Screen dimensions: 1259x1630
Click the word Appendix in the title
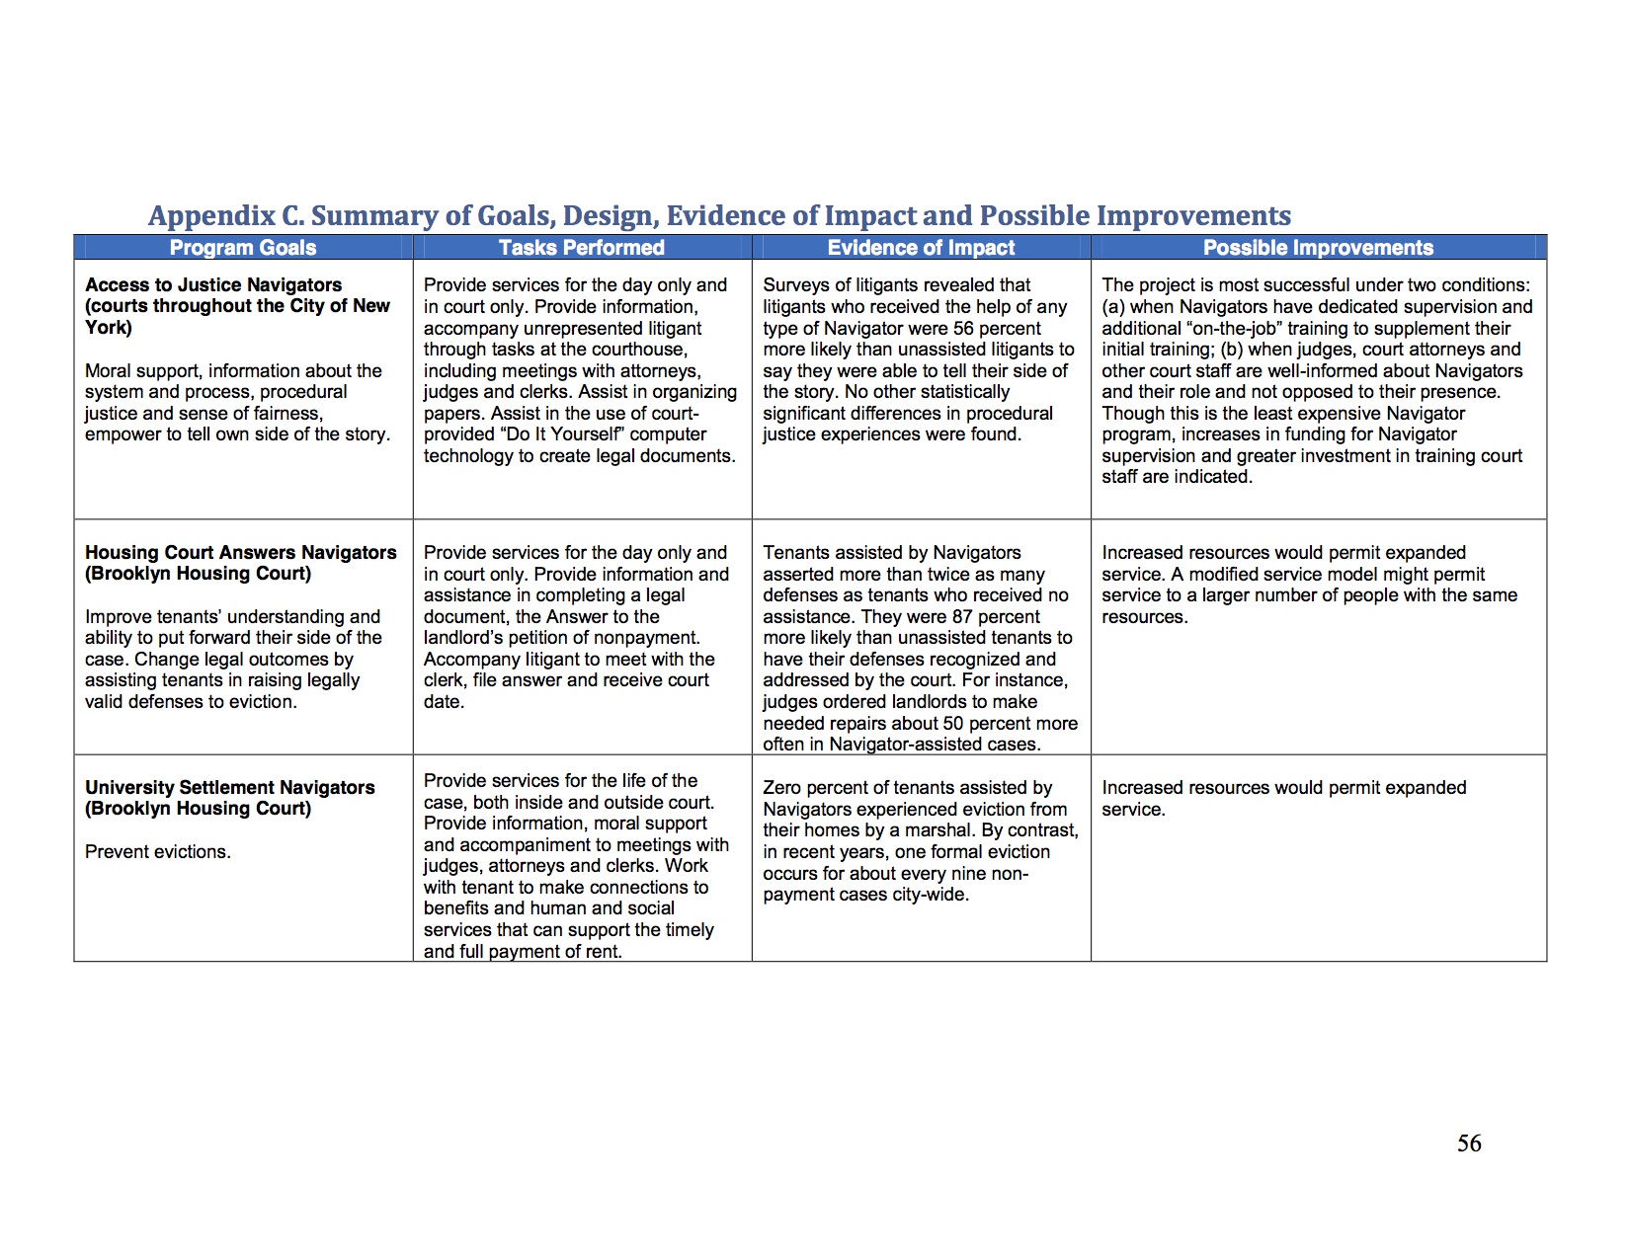click(x=212, y=215)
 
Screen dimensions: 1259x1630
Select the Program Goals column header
click(x=243, y=248)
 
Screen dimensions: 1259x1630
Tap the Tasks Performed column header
click(x=581, y=248)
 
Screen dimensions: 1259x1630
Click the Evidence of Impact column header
click(x=921, y=248)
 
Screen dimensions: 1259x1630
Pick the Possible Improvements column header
click(x=1318, y=248)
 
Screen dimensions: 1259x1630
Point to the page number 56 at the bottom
click(x=1469, y=1143)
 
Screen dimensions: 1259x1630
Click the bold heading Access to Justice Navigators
click(x=213, y=285)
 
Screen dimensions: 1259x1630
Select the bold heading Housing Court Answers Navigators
click(x=240, y=553)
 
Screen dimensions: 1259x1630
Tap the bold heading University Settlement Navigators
click(x=229, y=788)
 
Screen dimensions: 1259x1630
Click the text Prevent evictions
click(x=158, y=852)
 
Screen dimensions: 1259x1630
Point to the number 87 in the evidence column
click(x=962, y=617)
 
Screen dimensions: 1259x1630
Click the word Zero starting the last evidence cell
click(x=782, y=788)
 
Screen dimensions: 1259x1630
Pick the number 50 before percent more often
click(x=952, y=724)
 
